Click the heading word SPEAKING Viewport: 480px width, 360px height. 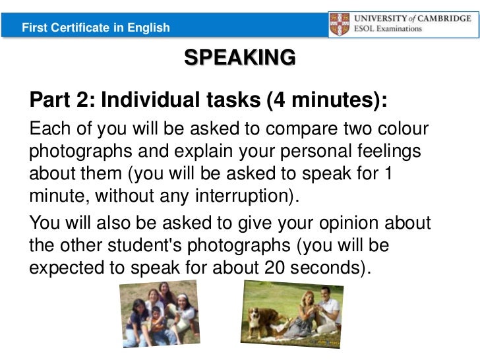(240, 58)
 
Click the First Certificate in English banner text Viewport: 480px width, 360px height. (96, 28)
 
